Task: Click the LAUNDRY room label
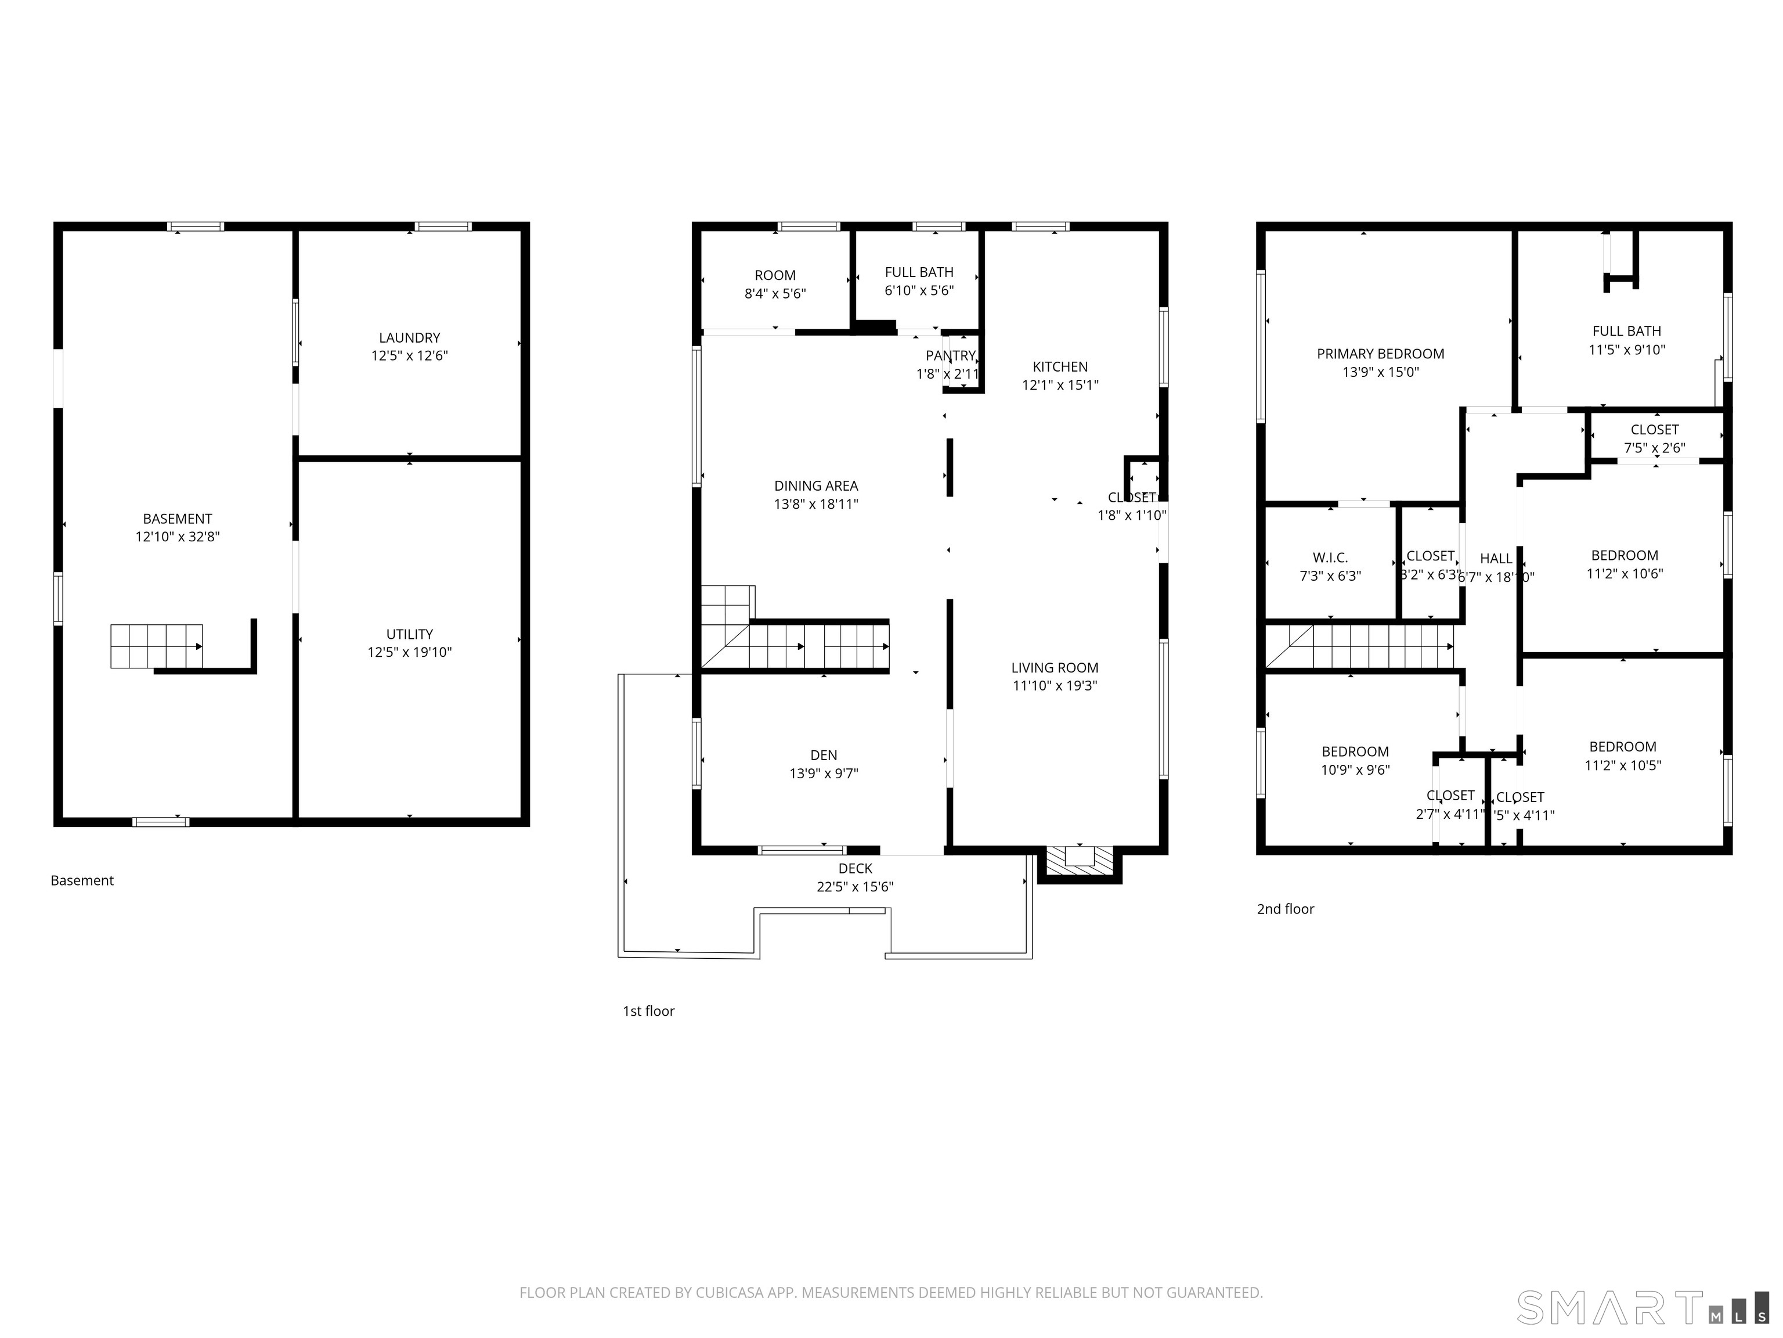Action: coord(410,338)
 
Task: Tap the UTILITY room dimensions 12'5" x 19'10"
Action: coord(410,653)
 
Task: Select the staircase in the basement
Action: coord(156,646)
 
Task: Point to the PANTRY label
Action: coord(950,355)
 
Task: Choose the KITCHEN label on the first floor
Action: coord(1060,367)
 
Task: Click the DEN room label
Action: coord(823,755)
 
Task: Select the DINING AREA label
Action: coord(815,485)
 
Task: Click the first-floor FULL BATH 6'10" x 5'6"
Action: coord(919,280)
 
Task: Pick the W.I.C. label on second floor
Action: coord(1330,558)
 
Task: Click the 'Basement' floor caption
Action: coord(82,881)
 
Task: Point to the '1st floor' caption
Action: coord(648,1012)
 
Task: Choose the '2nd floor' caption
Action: coord(1285,909)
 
